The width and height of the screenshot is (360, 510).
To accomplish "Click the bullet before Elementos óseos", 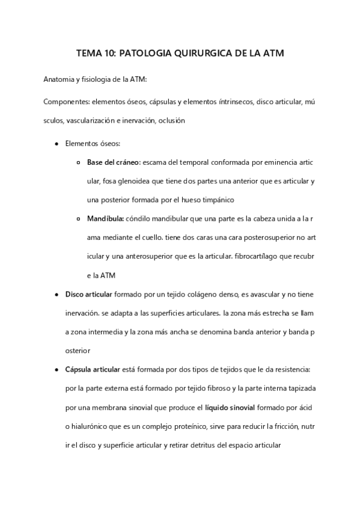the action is [x=56, y=144].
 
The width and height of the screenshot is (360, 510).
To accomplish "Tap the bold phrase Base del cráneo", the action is [x=114, y=162].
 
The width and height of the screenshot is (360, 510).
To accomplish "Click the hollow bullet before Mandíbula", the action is [x=80, y=219].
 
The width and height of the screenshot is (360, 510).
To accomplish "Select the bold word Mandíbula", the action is [x=106, y=219].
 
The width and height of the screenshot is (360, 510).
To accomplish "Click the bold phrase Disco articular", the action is [x=88, y=294].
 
